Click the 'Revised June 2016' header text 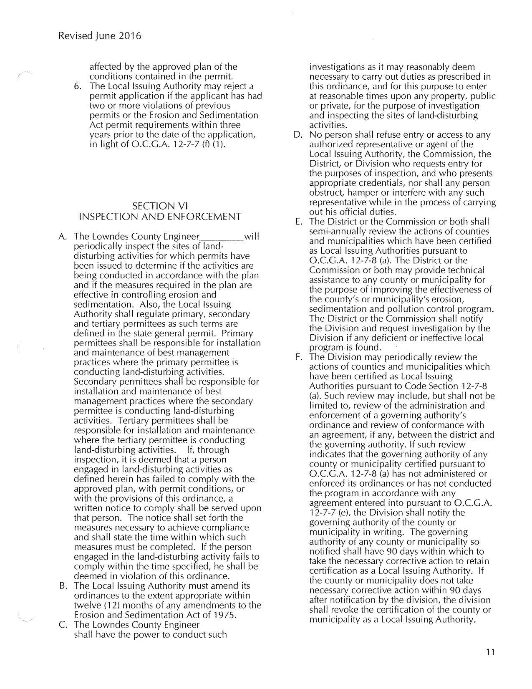point(100,36)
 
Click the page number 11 point(490,651)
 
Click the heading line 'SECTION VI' point(160,206)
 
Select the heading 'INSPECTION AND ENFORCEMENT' point(160,217)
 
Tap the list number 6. point(77,86)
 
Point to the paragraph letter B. point(63,586)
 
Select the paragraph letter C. point(63,625)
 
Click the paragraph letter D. point(298,135)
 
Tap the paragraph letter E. point(299,222)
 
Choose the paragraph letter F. point(298,357)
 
